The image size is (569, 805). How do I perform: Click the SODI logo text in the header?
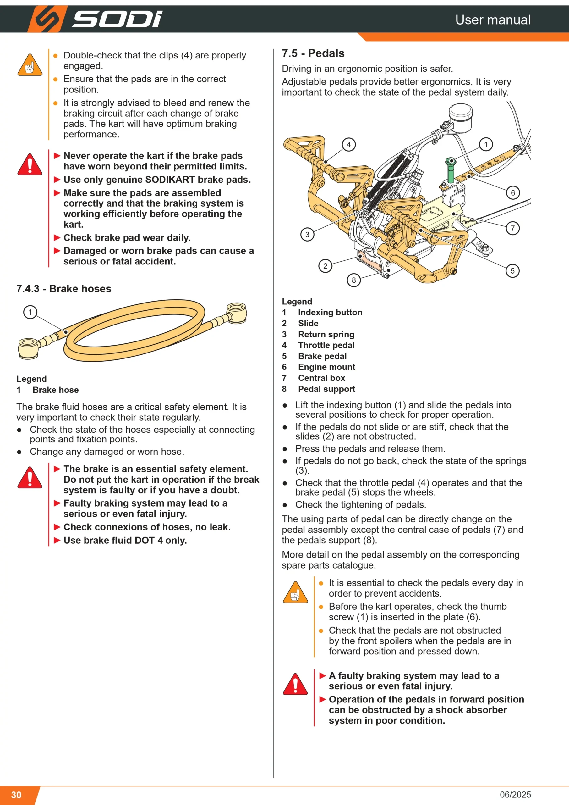tap(117, 19)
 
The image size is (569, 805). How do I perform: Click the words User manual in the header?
tap(493, 19)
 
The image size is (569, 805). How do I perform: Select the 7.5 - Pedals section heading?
tap(313, 53)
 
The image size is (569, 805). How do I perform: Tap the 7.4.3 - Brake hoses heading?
tap(64, 289)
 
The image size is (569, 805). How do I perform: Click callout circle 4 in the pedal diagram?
tap(349, 144)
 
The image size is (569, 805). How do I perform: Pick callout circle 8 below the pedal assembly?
tap(354, 280)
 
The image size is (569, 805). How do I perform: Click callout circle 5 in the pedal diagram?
tap(512, 271)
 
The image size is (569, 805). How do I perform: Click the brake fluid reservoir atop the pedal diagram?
tap(461, 118)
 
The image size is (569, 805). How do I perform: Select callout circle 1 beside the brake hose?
tap(30, 312)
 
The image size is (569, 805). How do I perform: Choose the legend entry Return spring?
tap(326, 334)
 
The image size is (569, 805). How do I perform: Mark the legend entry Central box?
tap(322, 378)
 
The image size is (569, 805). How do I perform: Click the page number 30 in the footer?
tap(16, 795)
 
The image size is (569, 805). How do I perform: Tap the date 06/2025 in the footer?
tap(515, 795)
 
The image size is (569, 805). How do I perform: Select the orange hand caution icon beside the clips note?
tap(30, 65)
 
